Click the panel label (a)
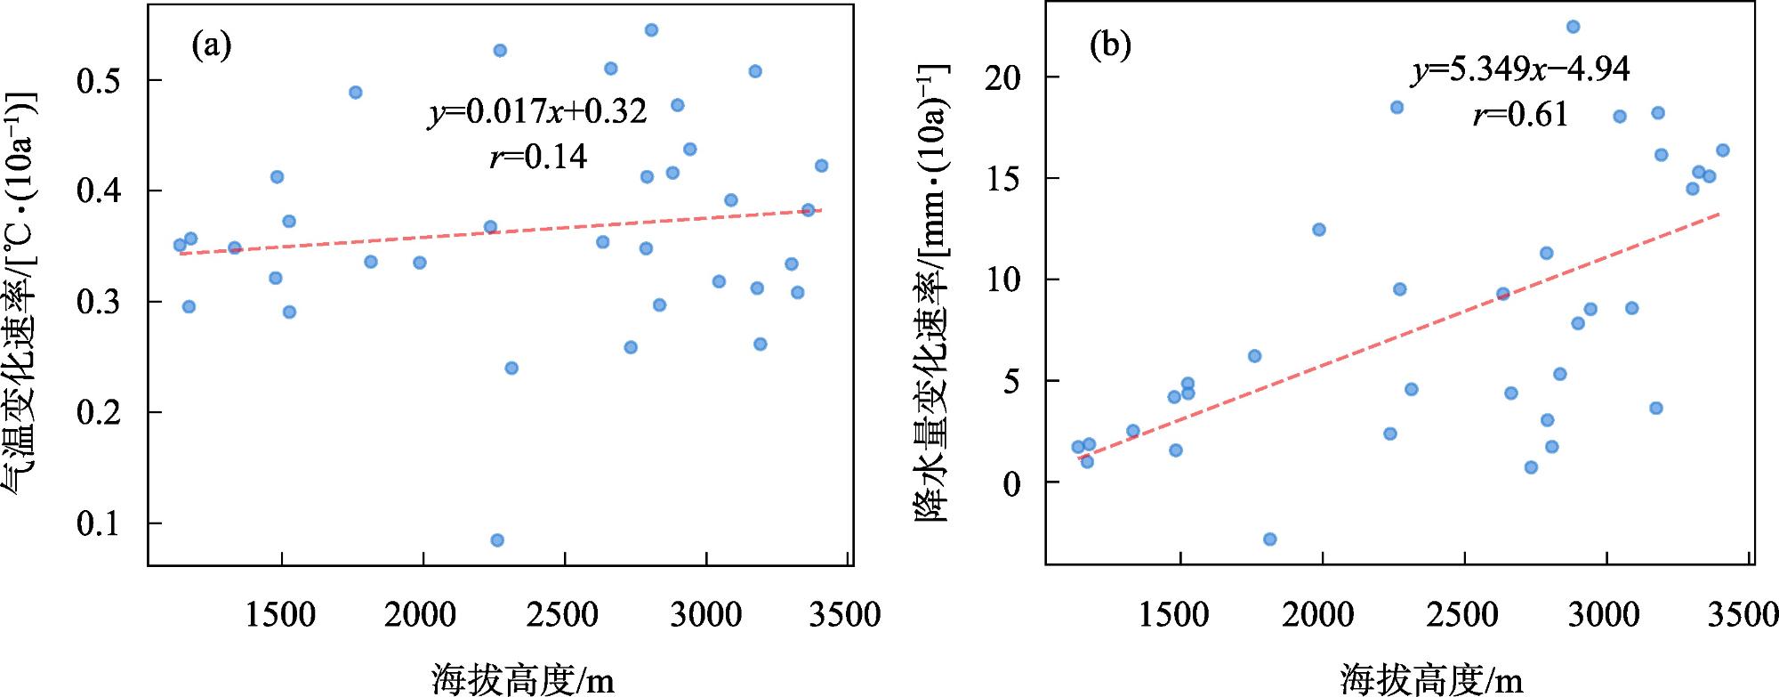pos(212,45)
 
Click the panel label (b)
pos(1110,45)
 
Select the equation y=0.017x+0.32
pos(538,112)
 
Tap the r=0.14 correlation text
pos(538,157)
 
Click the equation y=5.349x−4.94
pos(1521,69)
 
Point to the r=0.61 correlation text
pos(1521,114)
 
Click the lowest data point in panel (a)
pos(497,540)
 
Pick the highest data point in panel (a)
pos(651,30)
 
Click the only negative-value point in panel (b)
pos(1270,539)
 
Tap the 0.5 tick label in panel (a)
pos(99,81)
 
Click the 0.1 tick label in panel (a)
pos(99,523)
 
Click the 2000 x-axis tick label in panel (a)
pos(423,615)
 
